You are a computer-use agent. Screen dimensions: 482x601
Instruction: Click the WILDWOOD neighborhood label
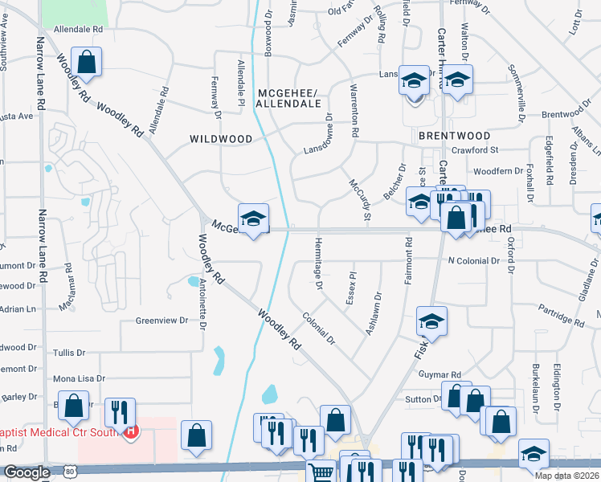(221, 139)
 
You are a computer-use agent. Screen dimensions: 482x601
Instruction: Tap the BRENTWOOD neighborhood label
(455, 136)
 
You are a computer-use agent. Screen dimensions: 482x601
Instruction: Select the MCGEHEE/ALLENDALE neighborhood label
(289, 98)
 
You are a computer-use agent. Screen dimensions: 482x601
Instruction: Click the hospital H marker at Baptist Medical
(131, 431)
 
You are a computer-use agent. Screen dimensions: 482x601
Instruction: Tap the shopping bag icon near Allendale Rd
(86, 62)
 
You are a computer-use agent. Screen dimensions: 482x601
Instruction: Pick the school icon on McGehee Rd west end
(253, 219)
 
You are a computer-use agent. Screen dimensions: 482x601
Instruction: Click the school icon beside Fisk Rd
(431, 322)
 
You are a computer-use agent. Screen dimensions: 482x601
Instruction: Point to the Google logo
(27, 473)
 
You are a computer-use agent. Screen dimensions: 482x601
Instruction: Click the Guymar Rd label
(444, 375)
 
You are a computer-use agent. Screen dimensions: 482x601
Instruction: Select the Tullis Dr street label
(68, 353)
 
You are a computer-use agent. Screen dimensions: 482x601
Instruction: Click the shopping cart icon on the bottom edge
(321, 474)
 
